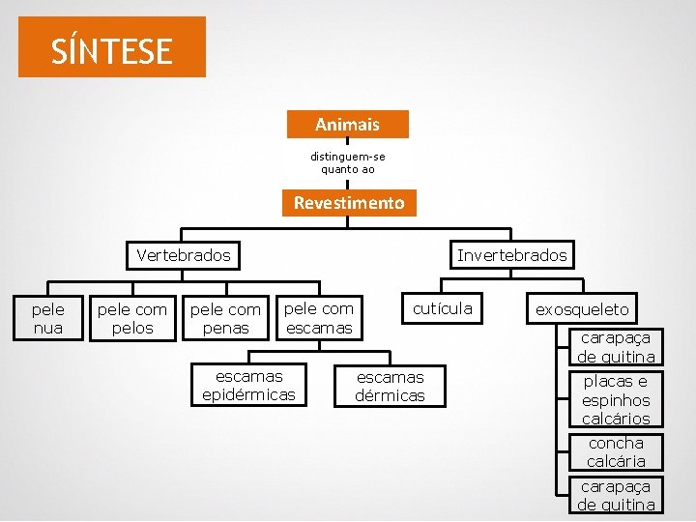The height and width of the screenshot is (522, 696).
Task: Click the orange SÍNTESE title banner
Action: [x=111, y=47]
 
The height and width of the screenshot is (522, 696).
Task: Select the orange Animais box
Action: [x=347, y=125]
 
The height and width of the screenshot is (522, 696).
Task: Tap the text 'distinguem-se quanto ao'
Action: [x=347, y=161]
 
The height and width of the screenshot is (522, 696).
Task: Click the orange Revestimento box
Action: [x=349, y=203]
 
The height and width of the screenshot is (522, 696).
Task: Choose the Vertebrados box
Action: [x=184, y=255]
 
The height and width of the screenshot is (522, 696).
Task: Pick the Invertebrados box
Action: [x=512, y=255]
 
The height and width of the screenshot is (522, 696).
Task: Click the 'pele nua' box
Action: [x=47, y=319]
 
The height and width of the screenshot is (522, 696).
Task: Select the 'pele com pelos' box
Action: [x=131, y=319]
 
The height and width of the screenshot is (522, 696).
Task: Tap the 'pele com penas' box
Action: [x=225, y=319]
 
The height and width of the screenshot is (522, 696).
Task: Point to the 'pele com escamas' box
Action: [x=318, y=318]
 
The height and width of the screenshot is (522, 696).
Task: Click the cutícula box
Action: [x=442, y=308]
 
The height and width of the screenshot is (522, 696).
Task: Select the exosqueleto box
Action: [x=582, y=309]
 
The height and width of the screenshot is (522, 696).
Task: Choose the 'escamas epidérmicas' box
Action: [x=248, y=385]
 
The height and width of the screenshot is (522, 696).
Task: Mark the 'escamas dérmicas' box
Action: [x=390, y=386]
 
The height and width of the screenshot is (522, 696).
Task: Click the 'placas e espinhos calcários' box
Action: [x=616, y=399]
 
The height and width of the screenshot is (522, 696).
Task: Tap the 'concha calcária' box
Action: [x=616, y=452]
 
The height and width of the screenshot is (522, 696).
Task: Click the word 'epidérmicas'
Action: [x=248, y=394]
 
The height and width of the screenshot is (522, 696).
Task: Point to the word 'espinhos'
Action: [x=616, y=400]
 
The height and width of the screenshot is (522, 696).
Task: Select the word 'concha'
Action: [x=616, y=443]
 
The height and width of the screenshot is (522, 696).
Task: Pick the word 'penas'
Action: [x=225, y=329]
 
